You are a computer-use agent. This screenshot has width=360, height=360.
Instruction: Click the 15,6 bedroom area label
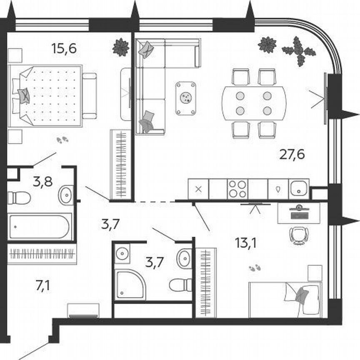pos(64,49)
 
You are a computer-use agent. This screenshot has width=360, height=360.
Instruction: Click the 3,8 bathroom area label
pos(42,182)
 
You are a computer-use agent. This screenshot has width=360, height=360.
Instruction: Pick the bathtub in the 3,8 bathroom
pos(40,227)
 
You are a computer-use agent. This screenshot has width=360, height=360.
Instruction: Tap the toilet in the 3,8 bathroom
pos(19,197)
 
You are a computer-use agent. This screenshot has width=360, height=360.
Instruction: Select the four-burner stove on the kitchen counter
pos(237,189)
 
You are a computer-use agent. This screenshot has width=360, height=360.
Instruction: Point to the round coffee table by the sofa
pos(185,98)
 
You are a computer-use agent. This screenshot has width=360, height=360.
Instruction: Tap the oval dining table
pos(254,103)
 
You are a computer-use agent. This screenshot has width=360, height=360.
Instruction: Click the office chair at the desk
pos(299,235)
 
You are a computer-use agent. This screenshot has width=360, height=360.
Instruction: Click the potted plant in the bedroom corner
pos(121,47)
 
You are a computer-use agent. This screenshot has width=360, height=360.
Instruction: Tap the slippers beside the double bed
pos(62,140)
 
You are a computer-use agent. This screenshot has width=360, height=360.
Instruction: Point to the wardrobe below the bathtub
pos(42,253)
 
